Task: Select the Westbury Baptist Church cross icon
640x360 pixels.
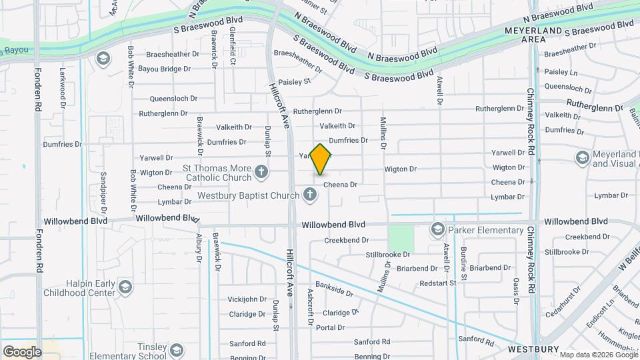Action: (309, 195)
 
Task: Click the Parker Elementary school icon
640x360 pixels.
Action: (437, 230)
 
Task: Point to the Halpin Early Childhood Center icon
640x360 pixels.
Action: (125, 287)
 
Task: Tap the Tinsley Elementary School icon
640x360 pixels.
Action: (176, 350)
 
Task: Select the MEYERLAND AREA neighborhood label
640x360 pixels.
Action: (525, 35)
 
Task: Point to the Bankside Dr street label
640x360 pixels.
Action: (334, 291)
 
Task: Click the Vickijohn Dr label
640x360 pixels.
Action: (247, 299)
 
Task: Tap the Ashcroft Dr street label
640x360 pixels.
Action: (310, 307)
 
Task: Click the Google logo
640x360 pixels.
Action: (22, 352)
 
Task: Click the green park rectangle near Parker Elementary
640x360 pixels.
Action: (400, 238)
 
